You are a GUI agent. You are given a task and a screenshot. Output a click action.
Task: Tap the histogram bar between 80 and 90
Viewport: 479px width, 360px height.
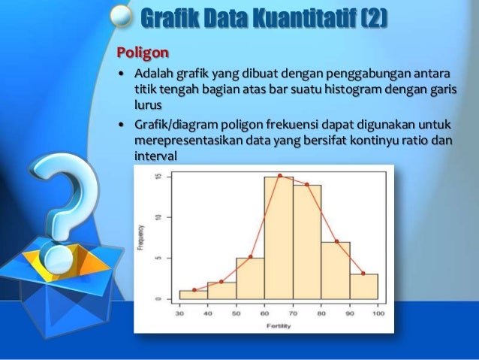(336, 271)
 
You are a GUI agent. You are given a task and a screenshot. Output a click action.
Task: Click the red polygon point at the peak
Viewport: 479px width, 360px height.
(279, 176)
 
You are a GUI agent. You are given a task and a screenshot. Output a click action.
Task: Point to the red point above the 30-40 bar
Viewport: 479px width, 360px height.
(194, 290)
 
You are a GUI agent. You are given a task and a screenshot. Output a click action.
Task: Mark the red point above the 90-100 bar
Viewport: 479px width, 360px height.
(363, 274)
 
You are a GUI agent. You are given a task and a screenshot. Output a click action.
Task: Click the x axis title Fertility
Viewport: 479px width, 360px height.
(279, 325)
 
